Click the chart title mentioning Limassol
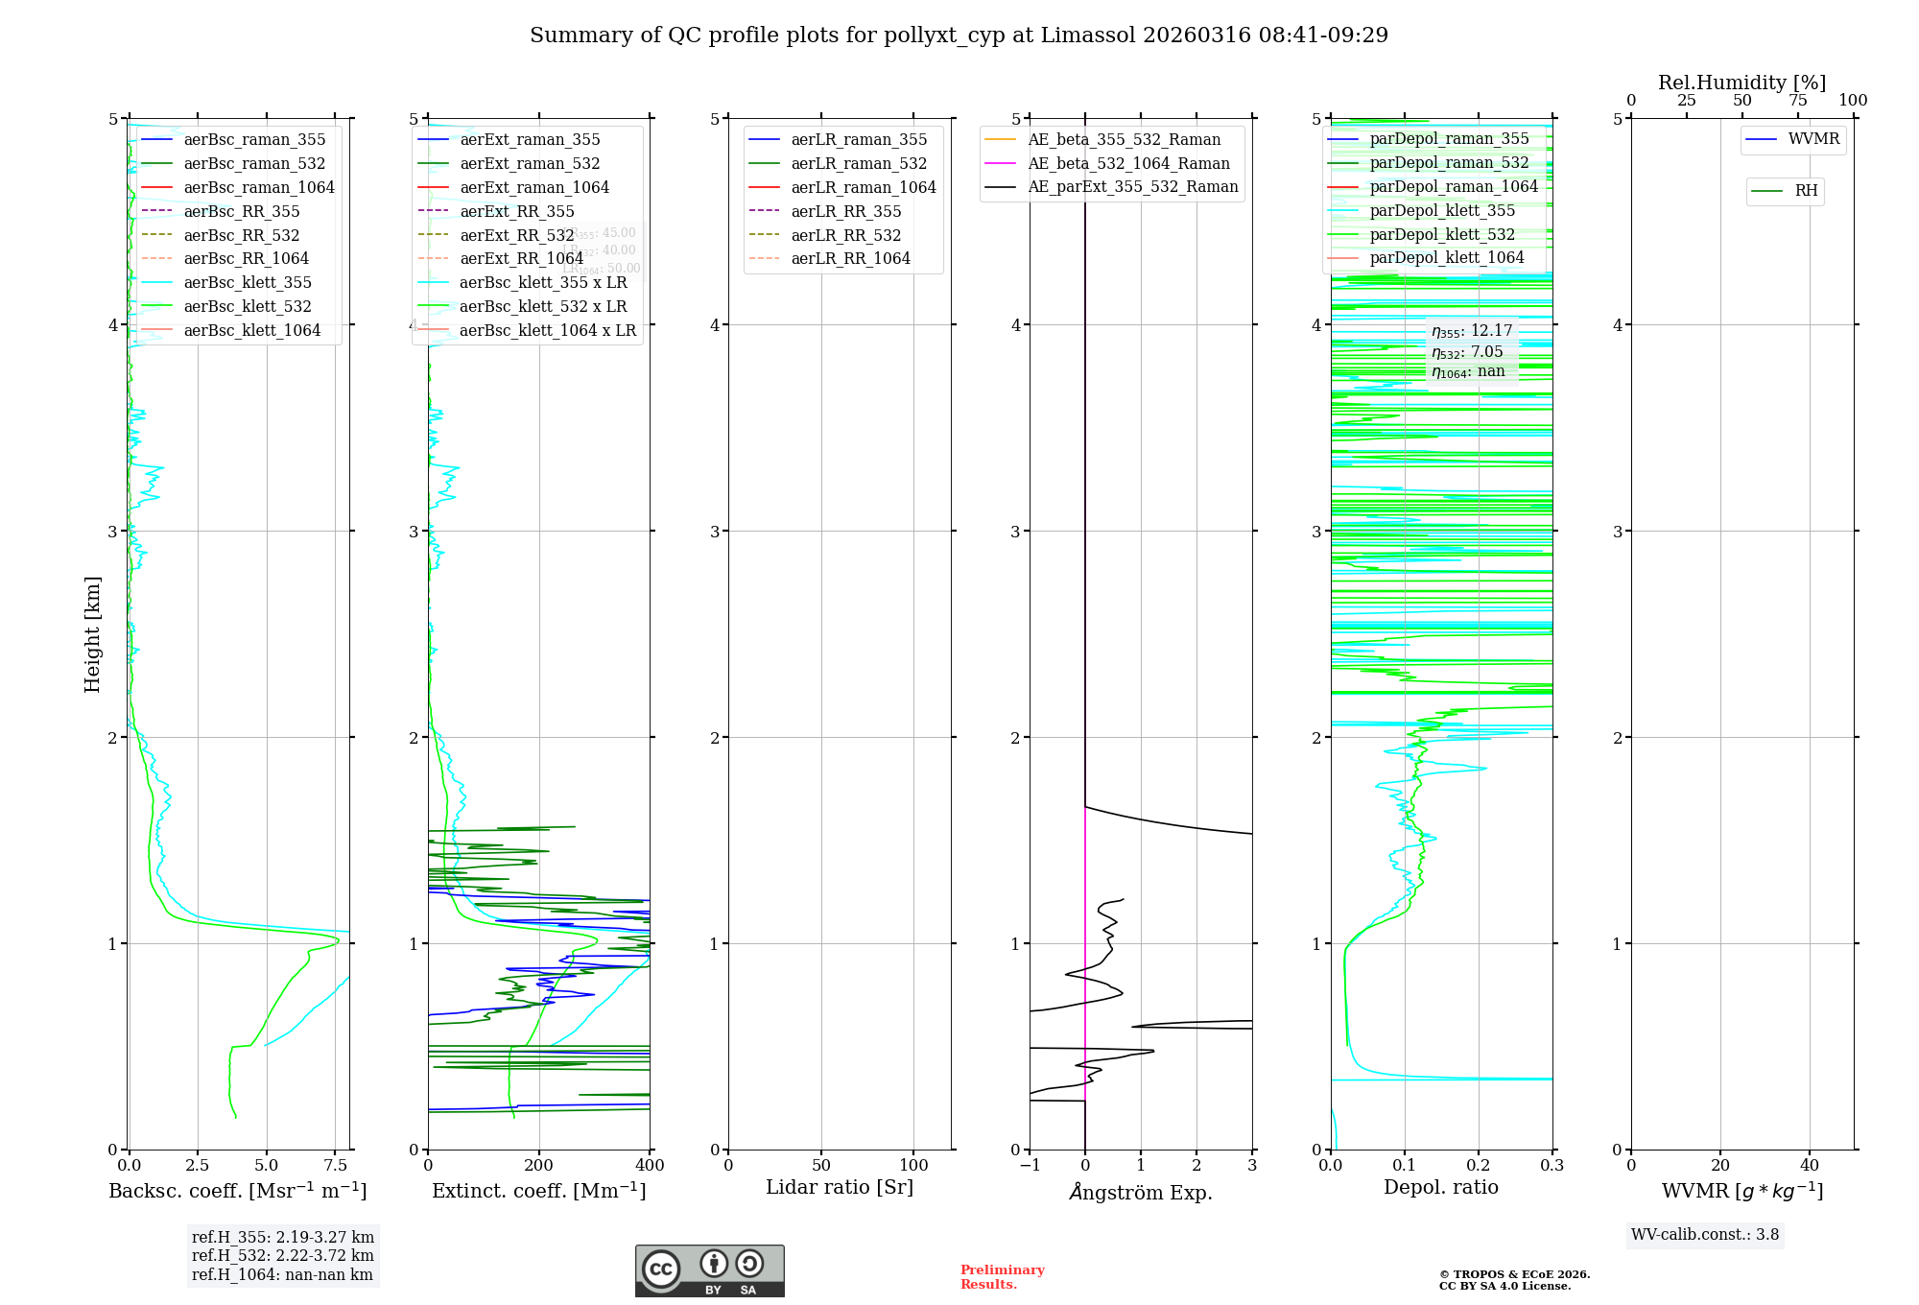pyautogui.click(x=959, y=36)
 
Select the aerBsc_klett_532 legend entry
pyautogui.click(x=248, y=307)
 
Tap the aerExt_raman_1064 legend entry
pyautogui.click(x=534, y=188)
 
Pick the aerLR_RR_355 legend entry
pyautogui.click(x=845, y=212)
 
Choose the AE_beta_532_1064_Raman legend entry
pyautogui.click(x=1128, y=164)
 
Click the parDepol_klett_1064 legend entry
pyautogui.click(x=1446, y=258)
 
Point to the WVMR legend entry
pyautogui.click(x=1813, y=140)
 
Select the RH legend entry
pyautogui.click(x=1806, y=191)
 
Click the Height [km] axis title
pyautogui.click(x=92, y=634)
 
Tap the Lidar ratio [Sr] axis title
pyautogui.click(x=840, y=1188)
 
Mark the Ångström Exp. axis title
pyautogui.click(x=1141, y=1193)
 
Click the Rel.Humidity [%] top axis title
pyautogui.click(x=1741, y=83)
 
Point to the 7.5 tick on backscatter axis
pyautogui.click(x=336, y=1166)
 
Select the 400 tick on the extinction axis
pyautogui.click(x=650, y=1166)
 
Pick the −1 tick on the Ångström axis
pyautogui.click(x=1030, y=1166)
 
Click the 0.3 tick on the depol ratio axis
pyautogui.click(x=1552, y=1166)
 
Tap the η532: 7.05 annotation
pyautogui.click(x=1468, y=352)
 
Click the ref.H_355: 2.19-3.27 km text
pyautogui.click(x=283, y=1238)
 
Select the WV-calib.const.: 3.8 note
pyautogui.click(x=1705, y=1235)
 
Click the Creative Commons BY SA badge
pyautogui.click(x=709, y=1271)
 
